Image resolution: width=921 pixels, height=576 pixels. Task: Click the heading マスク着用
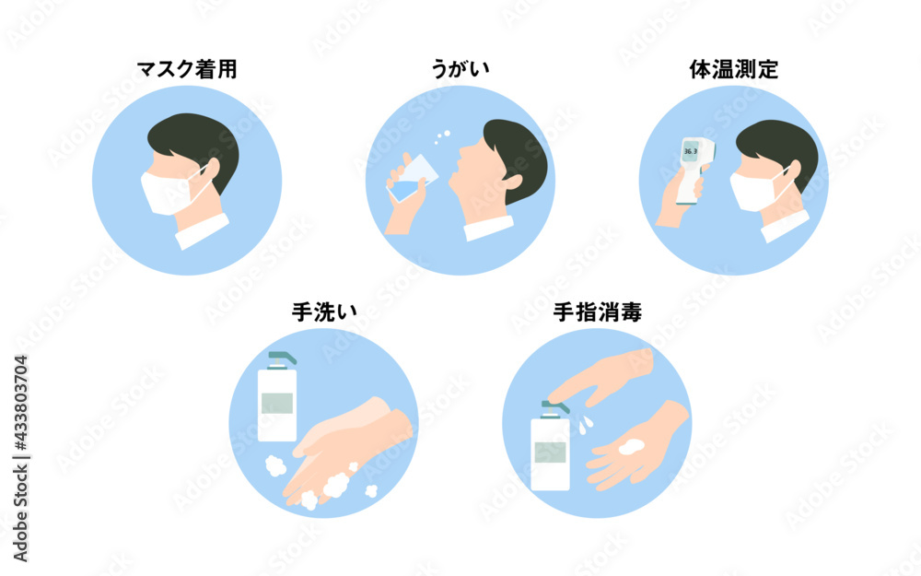pos(187,69)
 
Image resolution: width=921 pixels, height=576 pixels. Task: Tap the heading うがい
pos(460,69)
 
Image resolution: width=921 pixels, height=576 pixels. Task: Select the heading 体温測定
pos(734,69)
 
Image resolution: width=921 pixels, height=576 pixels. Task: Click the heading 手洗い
pos(324,312)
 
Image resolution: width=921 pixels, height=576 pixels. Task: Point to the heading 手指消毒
pos(598,312)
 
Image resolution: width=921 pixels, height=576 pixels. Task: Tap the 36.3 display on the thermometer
pos(691,151)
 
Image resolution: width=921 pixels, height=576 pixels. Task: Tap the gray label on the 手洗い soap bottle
pos(277,404)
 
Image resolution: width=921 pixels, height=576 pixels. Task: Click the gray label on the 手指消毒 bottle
pos(551,453)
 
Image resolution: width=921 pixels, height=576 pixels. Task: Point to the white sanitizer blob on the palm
pos(631,447)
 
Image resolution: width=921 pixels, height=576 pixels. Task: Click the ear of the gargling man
pos(511,181)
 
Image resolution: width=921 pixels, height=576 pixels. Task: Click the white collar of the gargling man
pos(489,229)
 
